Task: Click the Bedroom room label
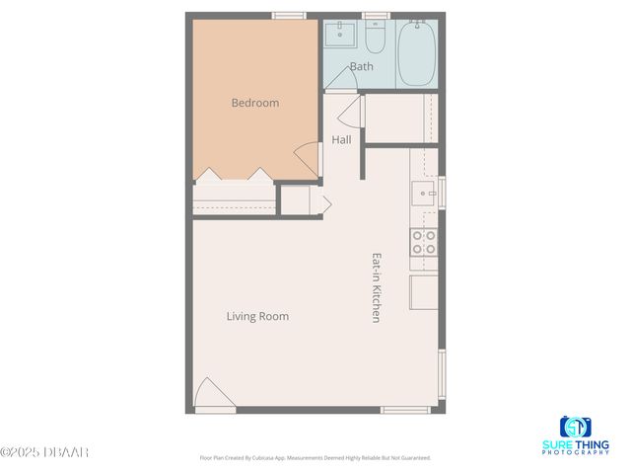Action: click(x=254, y=103)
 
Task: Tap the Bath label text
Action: click(x=361, y=67)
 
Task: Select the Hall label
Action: click(x=341, y=140)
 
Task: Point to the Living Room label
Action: click(x=257, y=317)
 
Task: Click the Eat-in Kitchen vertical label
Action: click(x=376, y=287)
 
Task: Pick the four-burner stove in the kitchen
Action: click(x=424, y=243)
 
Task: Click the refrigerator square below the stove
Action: click(x=424, y=292)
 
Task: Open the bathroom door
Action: click(x=340, y=79)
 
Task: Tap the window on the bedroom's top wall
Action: click(x=289, y=15)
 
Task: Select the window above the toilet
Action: click(x=376, y=15)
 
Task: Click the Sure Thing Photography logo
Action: click(x=576, y=434)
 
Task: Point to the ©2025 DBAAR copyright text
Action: click(x=44, y=452)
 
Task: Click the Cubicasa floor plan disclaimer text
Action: click(x=315, y=458)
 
